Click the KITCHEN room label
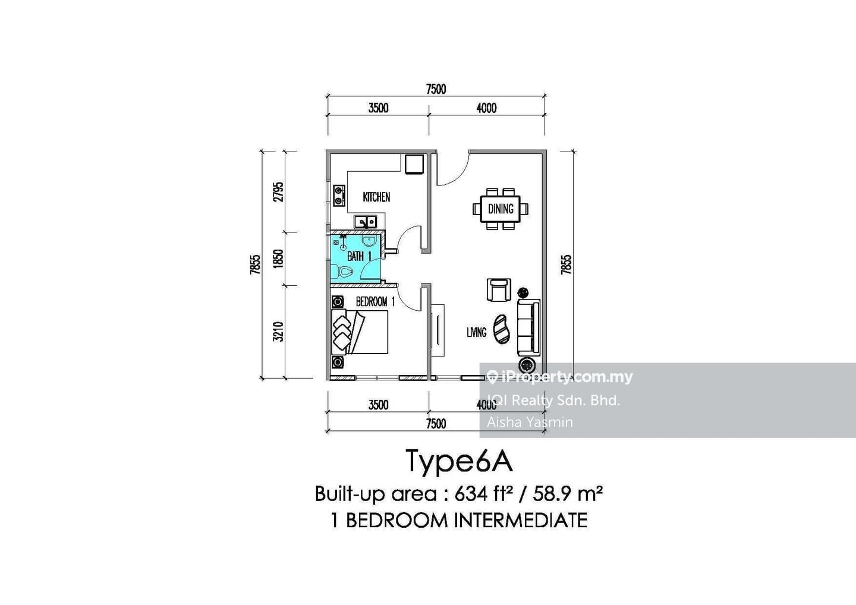[x=376, y=197]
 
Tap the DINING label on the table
[x=501, y=209]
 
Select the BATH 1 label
[x=359, y=256]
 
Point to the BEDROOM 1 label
[x=375, y=302]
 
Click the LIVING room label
[x=477, y=332]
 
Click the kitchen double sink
[x=366, y=222]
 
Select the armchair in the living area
[x=499, y=290]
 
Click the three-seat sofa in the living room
[x=529, y=327]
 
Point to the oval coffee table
[x=501, y=330]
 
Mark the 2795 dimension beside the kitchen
[x=279, y=192]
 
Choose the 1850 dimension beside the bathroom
[x=279, y=259]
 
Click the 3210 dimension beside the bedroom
[x=279, y=332]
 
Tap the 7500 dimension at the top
[x=436, y=89]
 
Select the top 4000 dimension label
[x=486, y=108]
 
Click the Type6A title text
[x=459, y=462]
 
